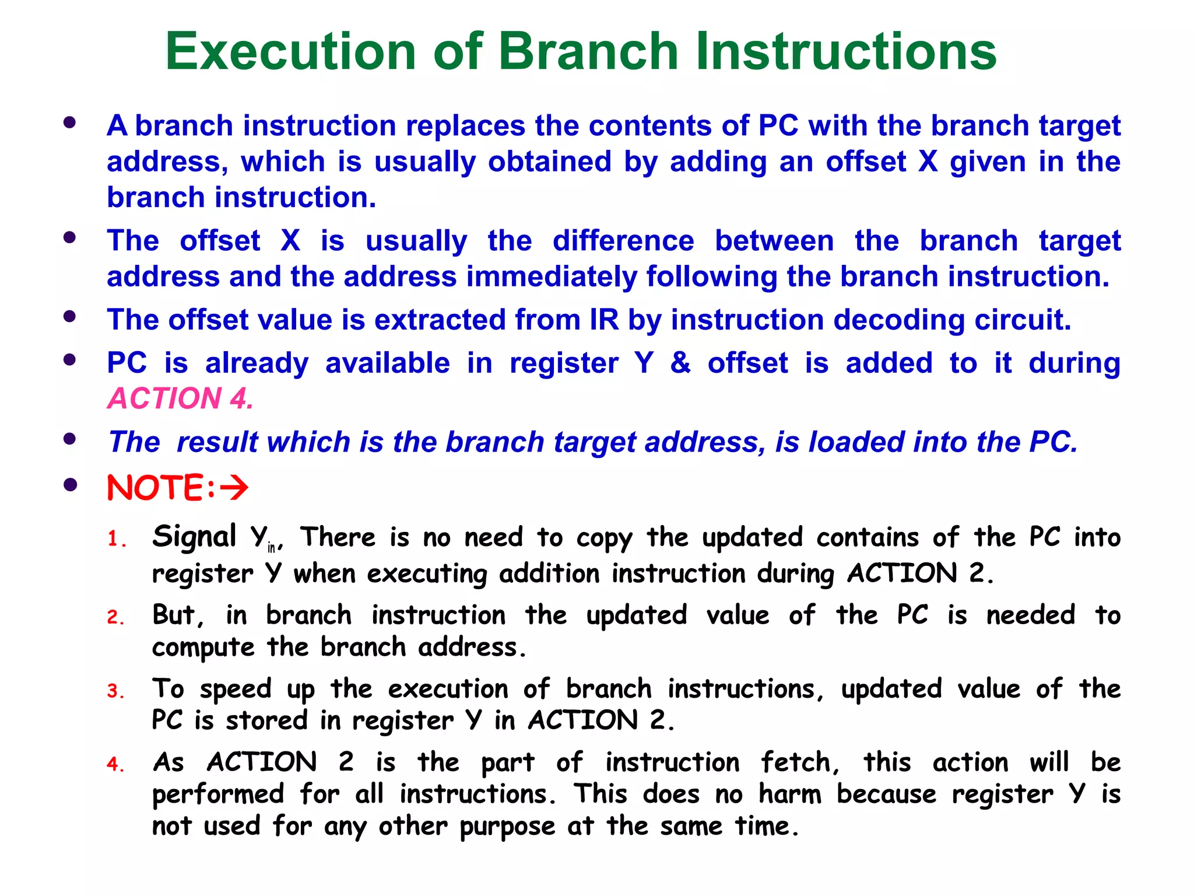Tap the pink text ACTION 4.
(180, 399)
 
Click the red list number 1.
(116, 539)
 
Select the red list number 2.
(115, 617)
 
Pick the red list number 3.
(115, 691)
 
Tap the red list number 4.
(115, 764)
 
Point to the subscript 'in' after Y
(271, 548)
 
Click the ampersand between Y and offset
(680, 363)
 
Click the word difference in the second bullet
(623, 241)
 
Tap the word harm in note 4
(790, 794)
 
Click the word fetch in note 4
(799, 762)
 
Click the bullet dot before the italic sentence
(70, 439)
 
